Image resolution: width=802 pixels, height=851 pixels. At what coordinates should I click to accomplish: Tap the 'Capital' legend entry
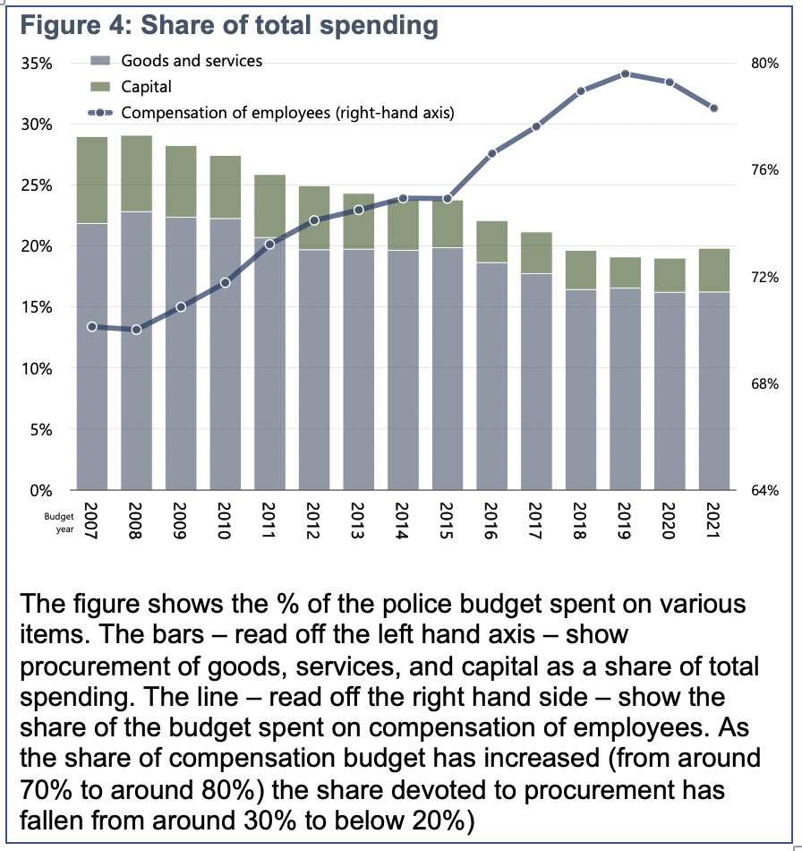pyautogui.click(x=146, y=87)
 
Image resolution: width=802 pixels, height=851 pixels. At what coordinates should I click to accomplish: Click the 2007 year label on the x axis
pyautogui.click(x=91, y=520)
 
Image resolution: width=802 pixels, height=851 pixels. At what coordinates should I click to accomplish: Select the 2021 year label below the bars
pyautogui.click(x=713, y=520)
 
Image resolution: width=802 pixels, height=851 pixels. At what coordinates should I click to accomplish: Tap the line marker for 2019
pyautogui.click(x=626, y=74)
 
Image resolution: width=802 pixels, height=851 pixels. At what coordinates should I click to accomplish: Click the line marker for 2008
pyautogui.click(x=136, y=330)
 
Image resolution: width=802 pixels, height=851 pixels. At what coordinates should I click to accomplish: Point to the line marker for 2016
pyautogui.click(x=492, y=154)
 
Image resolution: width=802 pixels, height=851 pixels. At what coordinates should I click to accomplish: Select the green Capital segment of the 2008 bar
pyautogui.click(x=136, y=174)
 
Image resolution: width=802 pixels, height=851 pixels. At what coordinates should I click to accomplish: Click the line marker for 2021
pyautogui.click(x=713, y=108)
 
